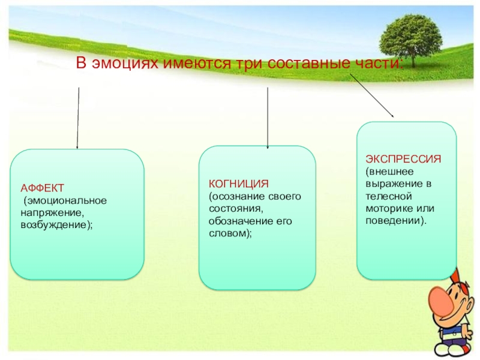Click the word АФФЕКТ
[38, 188]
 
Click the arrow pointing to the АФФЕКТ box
[78, 118]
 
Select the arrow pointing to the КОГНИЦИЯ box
[267, 118]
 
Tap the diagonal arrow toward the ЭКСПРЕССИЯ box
[372, 96]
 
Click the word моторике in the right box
[387, 208]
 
